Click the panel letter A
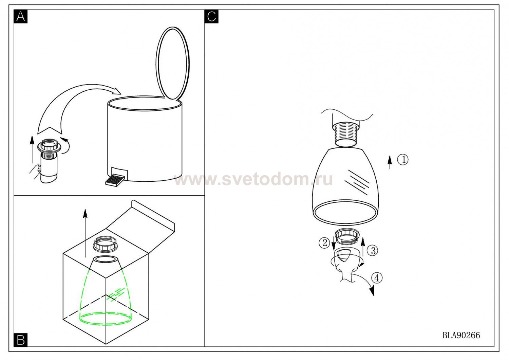coord(20,16)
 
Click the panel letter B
coord(20,340)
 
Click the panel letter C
coord(211,16)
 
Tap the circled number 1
coord(403,159)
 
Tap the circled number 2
coord(324,242)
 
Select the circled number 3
coord(373,251)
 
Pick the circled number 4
coord(377,278)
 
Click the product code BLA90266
coord(461,335)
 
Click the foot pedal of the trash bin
coord(115,180)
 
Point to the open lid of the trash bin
coord(173,64)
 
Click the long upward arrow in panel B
coord(85,233)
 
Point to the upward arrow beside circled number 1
coord(390,162)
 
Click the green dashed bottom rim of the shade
coord(106,318)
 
